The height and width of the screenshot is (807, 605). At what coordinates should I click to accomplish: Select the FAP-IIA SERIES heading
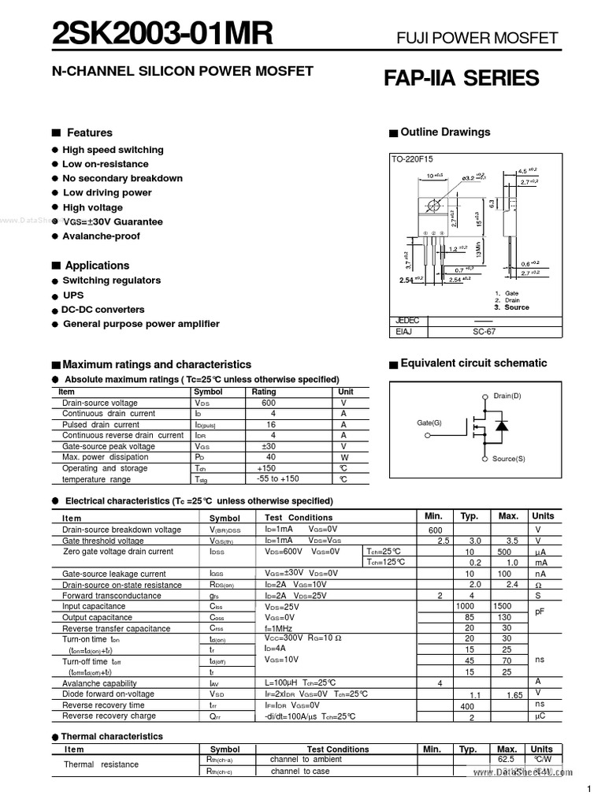tap(461, 78)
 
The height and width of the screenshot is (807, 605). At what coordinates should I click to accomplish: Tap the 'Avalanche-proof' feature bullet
tap(101, 236)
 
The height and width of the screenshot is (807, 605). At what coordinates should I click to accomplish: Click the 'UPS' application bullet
tap(72, 295)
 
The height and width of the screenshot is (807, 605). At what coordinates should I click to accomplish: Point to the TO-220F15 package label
tap(413, 159)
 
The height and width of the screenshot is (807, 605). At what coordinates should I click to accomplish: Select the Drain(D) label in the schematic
tap(507, 395)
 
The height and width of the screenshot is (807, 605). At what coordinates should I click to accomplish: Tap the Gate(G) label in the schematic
tap(429, 423)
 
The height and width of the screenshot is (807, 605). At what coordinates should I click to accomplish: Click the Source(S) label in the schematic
tap(508, 459)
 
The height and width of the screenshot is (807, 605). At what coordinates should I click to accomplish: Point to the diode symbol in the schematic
tap(499, 426)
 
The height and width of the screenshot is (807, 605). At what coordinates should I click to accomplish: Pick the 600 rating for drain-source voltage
tap(269, 403)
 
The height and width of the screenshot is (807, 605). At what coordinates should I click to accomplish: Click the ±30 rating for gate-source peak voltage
tap(268, 445)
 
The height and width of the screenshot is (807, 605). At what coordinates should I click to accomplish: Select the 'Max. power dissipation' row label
tap(105, 457)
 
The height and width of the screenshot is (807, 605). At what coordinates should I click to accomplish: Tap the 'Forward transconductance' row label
tap(111, 596)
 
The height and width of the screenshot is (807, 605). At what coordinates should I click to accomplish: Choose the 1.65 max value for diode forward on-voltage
tap(514, 695)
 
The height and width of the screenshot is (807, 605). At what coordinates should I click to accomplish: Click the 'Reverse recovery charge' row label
tap(109, 716)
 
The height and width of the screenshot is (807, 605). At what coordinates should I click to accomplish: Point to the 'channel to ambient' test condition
tap(306, 759)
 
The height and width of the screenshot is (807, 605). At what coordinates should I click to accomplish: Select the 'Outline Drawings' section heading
tap(445, 132)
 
